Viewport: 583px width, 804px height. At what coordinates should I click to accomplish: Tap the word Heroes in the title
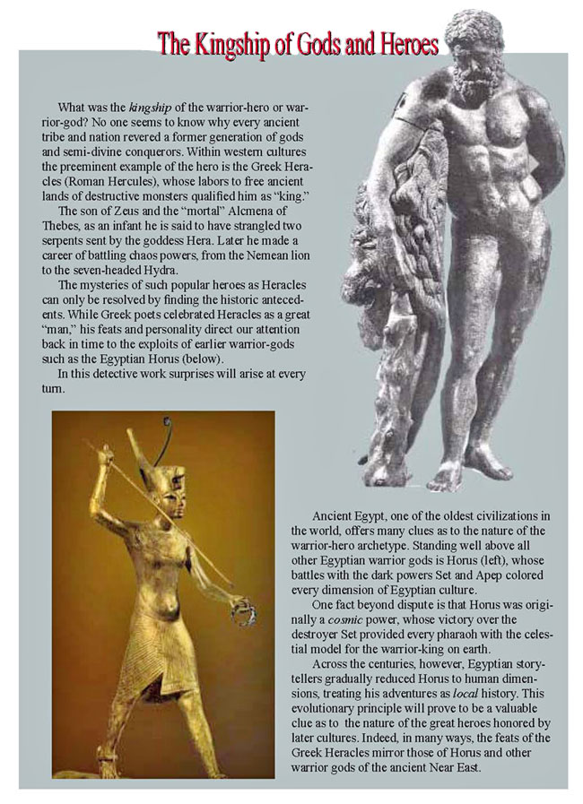click(402, 44)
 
